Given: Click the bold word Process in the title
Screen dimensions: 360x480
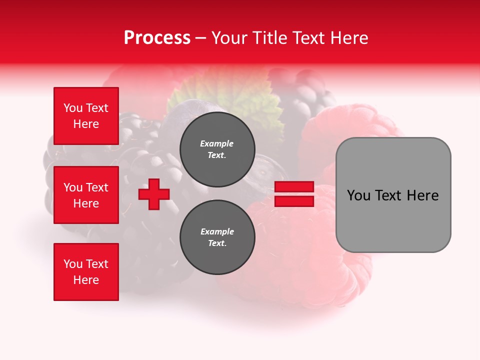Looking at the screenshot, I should point(157,38).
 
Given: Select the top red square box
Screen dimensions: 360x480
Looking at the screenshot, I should point(86,116).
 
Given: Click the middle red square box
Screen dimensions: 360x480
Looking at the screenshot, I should point(86,195).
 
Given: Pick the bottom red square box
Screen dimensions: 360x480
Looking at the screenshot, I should point(86,272).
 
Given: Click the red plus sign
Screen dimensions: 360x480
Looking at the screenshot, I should point(154,194).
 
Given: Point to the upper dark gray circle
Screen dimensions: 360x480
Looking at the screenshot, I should point(217,149).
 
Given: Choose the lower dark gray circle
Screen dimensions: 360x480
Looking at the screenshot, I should point(217,237).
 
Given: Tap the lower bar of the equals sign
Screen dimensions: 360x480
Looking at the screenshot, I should point(294,201).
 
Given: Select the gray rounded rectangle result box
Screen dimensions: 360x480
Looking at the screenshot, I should point(393,195).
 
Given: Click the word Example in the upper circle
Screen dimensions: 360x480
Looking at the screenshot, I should point(217,143).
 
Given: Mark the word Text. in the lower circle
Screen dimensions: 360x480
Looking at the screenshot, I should point(217,243).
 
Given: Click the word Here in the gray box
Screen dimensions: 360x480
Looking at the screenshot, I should point(422,195).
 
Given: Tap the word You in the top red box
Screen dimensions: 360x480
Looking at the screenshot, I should point(73,108).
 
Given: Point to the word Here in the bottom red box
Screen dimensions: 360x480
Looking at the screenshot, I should point(86,280).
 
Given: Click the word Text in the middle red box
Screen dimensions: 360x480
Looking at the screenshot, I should point(97,187).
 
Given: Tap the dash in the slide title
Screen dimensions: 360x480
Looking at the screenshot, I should point(201,38).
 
